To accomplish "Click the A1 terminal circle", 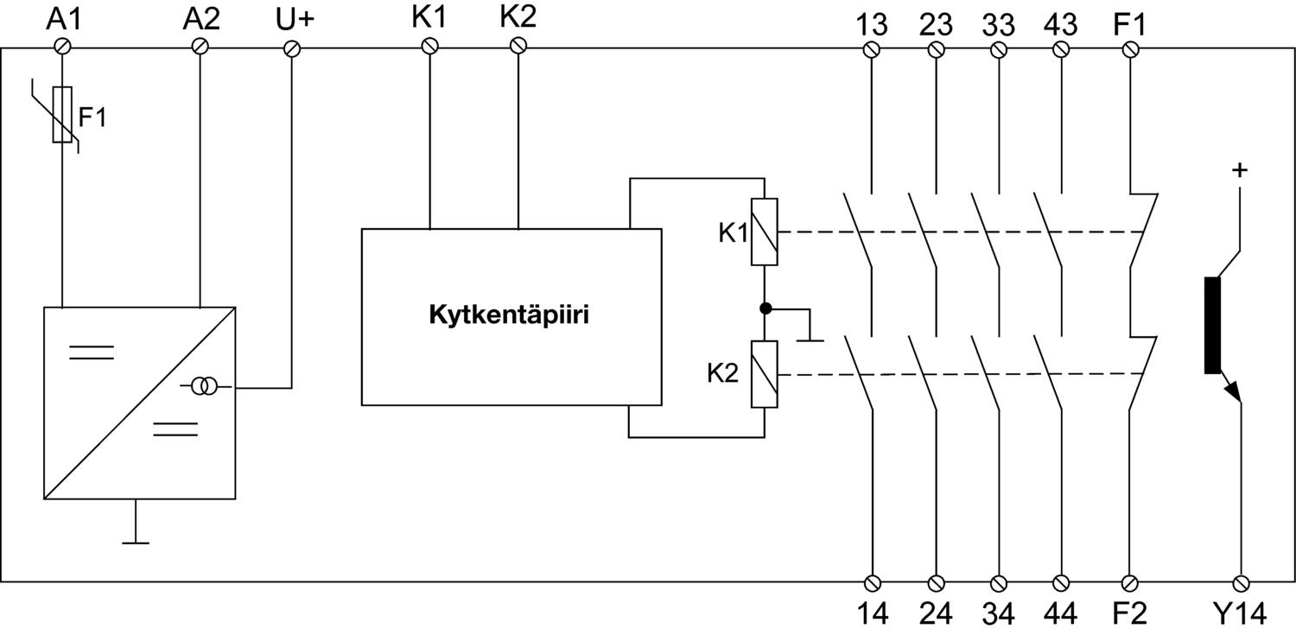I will click(63, 47).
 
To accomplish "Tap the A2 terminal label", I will click(202, 19).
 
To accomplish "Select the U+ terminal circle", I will click(290, 48).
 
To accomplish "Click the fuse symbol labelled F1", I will click(63, 114).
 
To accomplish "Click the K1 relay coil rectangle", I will click(765, 232).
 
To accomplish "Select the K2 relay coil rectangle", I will click(765, 374).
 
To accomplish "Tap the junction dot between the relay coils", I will click(765, 308).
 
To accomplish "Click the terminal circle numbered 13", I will click(872, 49).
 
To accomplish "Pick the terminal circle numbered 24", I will click(935, 582).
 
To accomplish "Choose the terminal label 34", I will click(998, 613).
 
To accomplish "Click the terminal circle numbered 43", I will click(1061, 49).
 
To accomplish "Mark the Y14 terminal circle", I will click(1242, 582).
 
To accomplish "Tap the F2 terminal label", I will click(1128, 613).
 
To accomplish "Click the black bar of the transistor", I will click(1211, 326).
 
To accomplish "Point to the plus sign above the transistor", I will click(1240, 170).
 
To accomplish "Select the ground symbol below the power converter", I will click(136, 542).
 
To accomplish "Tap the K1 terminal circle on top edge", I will click(429, 46).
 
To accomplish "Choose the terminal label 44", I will click(1061, 613).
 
